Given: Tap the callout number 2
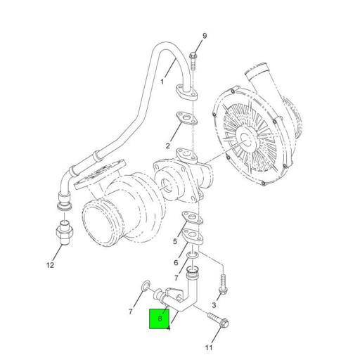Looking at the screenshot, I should pyautogui.click(x=169, y=146).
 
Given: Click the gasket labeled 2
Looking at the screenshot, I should pyautogui.click(x=186, y=120).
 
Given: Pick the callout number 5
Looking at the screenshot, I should pyautogui.click(x=176, y=242).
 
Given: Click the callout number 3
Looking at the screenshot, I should pyautogui.click(x=214, y=304).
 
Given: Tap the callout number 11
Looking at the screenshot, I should pyautogui.click(x=208, y=347).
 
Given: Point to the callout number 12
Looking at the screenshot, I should pyautogui.click(x=50, y=265).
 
